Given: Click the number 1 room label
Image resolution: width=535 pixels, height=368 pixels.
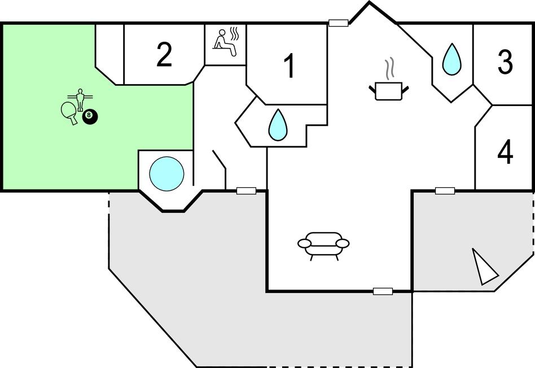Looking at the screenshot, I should pyautogui.click(x=289, y=66).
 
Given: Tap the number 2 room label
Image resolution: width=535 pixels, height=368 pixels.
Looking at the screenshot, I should pyautogui.click(x=164, y=55).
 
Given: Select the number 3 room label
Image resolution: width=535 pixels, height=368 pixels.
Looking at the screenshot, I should pyautogui.click(x=505, y=62).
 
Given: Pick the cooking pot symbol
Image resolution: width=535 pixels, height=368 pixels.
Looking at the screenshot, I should pyautogui.click(x=388, y=90).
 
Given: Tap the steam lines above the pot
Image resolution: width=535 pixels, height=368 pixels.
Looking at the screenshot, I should pyautogui.click(x=388, y=69).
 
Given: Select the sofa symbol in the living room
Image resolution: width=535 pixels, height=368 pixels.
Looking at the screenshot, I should pyautogui.click(x=323, y=245).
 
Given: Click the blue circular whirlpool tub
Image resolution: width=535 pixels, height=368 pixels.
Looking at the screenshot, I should pyautogui.click(x=166, y=173).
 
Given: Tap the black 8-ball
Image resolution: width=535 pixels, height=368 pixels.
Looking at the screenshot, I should pyautogui.click(x=90, y=117).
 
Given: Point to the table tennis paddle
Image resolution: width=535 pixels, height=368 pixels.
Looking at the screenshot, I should pyautogui.click(x=68, y=111).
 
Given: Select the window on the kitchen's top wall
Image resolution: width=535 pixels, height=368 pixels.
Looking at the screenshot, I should pyautogui.click(x=338, y=23).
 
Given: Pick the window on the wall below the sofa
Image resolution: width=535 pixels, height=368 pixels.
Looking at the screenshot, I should pyautogui.click(x=383, y=291).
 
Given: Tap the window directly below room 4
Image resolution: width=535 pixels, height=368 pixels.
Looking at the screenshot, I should pyautogui.click(x=445, y=191).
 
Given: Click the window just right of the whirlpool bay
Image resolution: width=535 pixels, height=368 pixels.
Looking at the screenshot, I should pyautogui.click(x=246, y=191).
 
